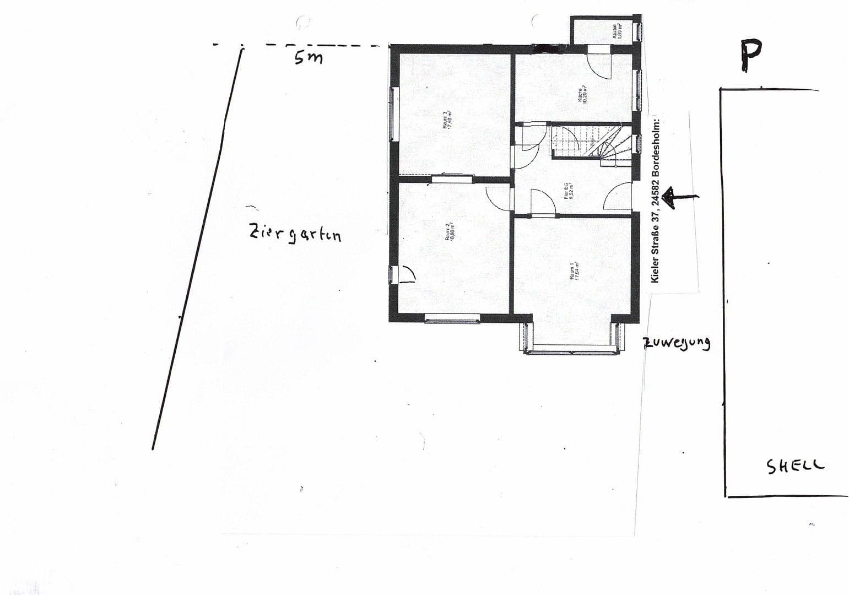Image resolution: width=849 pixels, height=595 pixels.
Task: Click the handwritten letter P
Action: click(x=750, y=56)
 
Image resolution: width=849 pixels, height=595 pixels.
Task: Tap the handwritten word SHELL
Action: click(x=796, y=466)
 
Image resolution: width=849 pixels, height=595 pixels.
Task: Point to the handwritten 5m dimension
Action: click(x=308, y=57)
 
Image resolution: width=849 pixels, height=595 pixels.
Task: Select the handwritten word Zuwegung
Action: click(x=677, y=343)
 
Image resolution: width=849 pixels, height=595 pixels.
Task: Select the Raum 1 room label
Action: click(x=574, y=271)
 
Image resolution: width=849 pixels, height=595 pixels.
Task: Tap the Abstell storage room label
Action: click(x=617, y=30)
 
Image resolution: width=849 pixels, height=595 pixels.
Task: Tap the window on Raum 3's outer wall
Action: click(x=394, y=114)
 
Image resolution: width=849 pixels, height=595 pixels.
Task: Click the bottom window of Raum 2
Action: click(x=452, y=318)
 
